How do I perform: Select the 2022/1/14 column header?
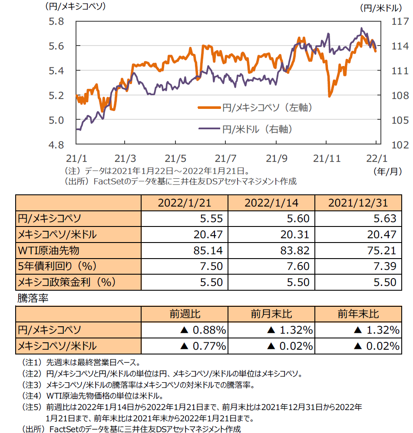pos(271,203)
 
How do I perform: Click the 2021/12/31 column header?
pos(358,203)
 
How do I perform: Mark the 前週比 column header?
pos(185,314)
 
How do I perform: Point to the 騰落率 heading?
pos(33,299)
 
